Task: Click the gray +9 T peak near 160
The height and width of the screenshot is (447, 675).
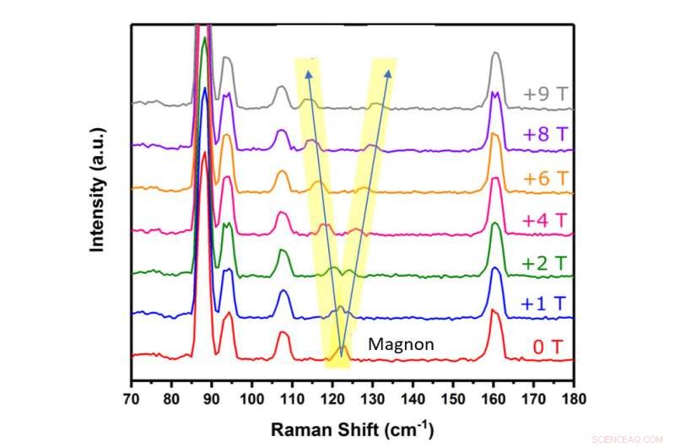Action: (496, 57)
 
